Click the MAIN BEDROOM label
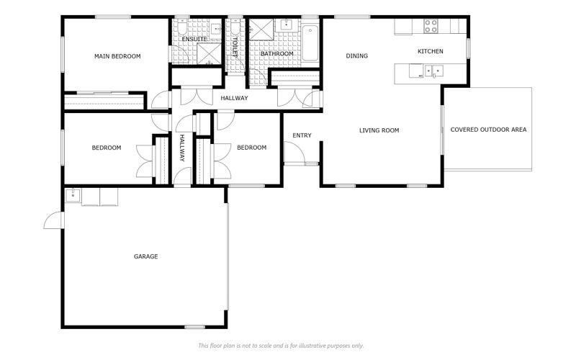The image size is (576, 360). coord(117,56)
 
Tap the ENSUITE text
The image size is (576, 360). coord(194,39)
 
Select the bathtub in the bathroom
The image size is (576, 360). coord(310,43)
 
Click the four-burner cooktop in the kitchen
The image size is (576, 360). coord(431,26)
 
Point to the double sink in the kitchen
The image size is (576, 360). coord(434,71)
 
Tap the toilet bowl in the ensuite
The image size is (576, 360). coord(182,27)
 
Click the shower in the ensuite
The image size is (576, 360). coord(209,53)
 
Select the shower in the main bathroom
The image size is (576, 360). coord(261,30)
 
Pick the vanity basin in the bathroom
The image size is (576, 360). coord(287,24)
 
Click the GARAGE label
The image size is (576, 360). coord(146,256)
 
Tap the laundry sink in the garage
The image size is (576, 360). coord(73,195)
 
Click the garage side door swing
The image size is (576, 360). coord(54,220)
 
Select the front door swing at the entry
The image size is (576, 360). coord(294,152)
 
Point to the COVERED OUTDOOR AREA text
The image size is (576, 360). coord(488,130)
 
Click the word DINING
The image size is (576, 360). coord(356,56)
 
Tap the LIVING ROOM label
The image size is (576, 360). coord(379,130)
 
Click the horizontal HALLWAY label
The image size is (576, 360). coord(235,98)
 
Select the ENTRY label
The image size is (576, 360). coord(302,135)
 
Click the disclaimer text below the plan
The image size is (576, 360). coord(281,346)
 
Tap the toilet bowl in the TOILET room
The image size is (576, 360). coord(235,27)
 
